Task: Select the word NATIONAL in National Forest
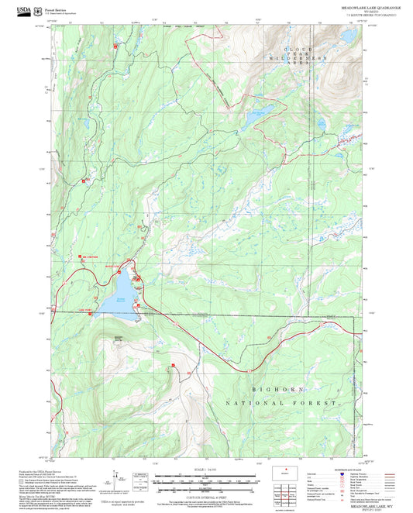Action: pyautogui.click(x=253, y=404)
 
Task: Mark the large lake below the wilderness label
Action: pyautogui.click(x=254, y=119)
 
